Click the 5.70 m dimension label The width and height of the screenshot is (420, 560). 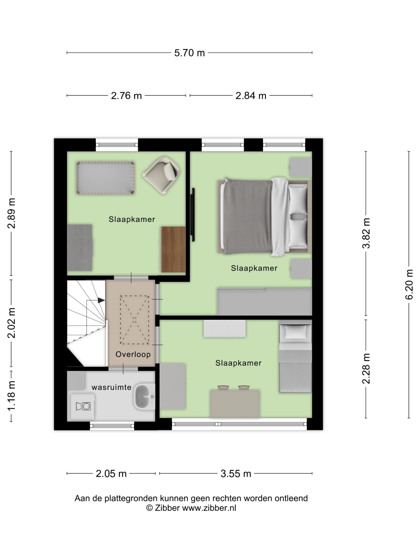tap(189, 53)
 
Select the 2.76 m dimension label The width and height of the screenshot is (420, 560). tap(126, 96)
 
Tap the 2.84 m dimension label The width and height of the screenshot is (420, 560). tap(251, 96)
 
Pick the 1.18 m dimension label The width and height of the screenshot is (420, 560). tap(12, 396)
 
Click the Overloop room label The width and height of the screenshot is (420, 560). tap(133, 354)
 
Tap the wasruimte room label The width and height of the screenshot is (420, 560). tap(111, 387)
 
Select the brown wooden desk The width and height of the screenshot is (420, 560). tap(173, 249)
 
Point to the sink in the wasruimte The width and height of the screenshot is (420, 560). tap(144, 396)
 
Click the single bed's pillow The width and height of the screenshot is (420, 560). tap(295, 332)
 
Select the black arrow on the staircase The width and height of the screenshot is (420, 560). tap(101, 300)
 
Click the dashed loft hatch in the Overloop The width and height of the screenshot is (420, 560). tap(135, 320)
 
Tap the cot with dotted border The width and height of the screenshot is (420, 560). tap(105, 178)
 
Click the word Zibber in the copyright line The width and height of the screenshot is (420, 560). tap(167, 508)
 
